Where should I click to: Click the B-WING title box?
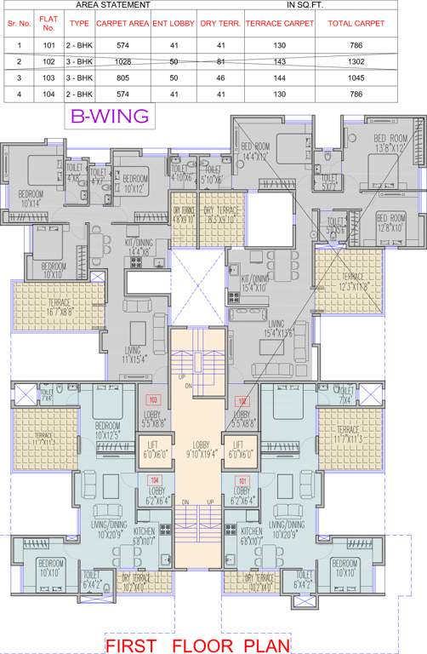(109, 116)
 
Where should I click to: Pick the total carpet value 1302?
(356, 62)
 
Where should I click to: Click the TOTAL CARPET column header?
(356, 25)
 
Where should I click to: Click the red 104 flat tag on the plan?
(155, 479)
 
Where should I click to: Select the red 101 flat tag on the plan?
(243, 479)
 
